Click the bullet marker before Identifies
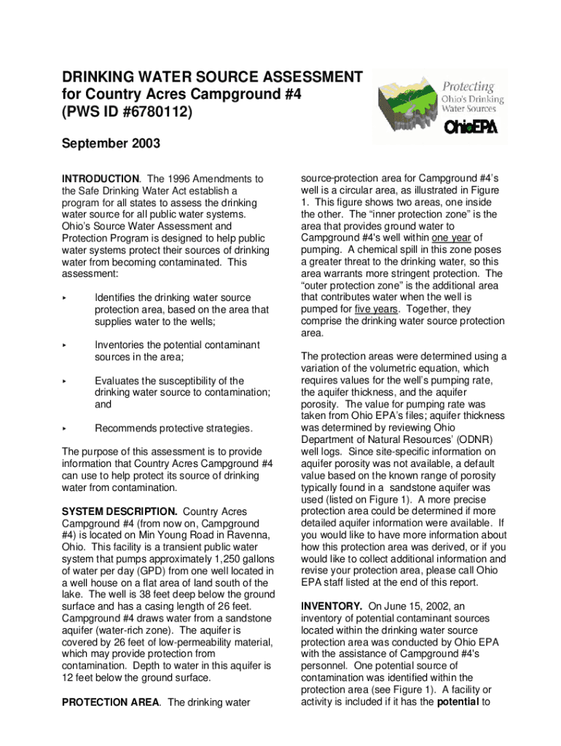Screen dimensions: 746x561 point(65,298)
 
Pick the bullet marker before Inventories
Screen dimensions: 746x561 point(65,345)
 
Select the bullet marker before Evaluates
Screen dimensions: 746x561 point(65,381)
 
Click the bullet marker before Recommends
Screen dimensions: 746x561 point(65,428)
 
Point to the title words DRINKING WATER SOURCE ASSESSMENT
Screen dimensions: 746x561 point(212,77)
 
